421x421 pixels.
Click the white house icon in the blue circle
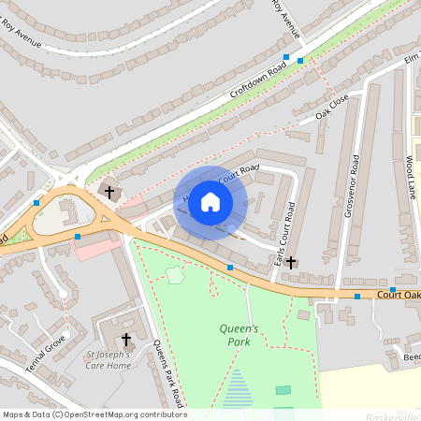(210, 202)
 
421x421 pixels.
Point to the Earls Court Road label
(290, 230)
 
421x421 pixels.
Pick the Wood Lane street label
(410, 178)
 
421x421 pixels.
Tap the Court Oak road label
(399, 295)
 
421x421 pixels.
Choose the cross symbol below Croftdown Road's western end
(109, 191)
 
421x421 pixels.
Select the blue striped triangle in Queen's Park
(240, 387)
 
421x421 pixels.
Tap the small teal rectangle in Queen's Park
(283, 390)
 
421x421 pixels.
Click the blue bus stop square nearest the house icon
(230, 268)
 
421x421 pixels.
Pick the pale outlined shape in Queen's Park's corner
(175, 275)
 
